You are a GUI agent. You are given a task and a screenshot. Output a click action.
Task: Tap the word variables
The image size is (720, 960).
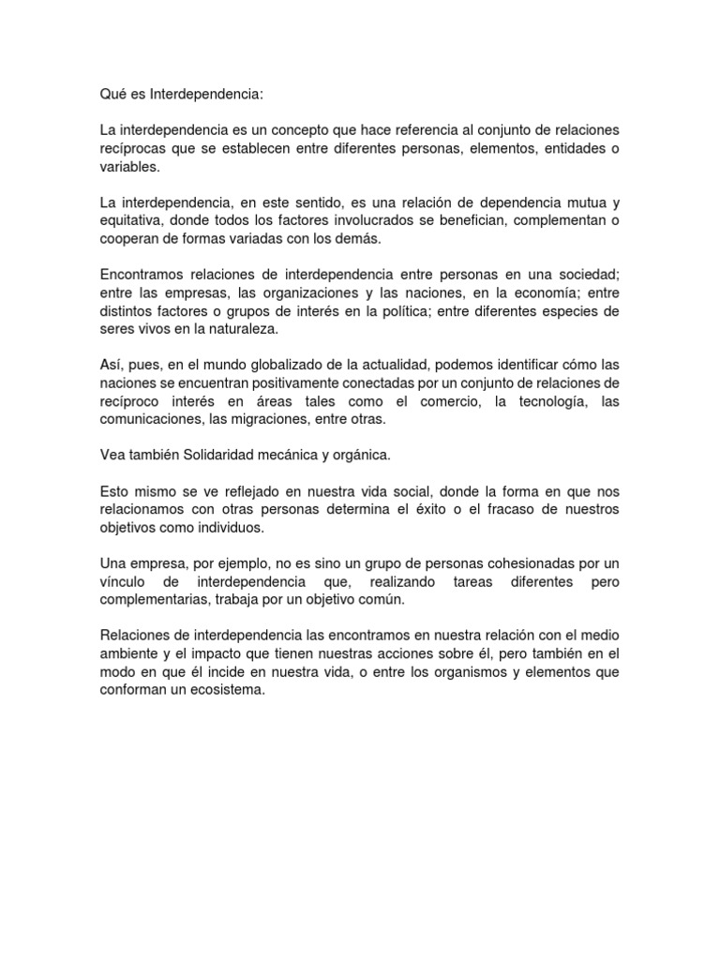click(129, 167)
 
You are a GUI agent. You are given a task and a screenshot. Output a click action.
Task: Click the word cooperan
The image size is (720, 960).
click(128, 239)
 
